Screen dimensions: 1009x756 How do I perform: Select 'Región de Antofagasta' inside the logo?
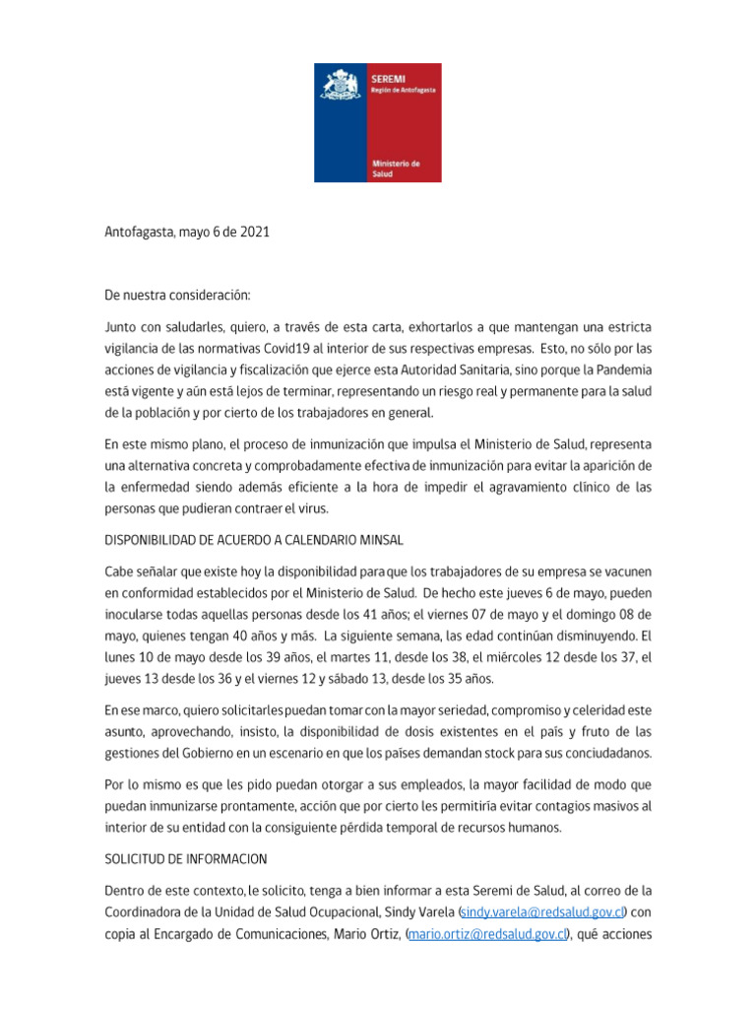click(x=403, y=89)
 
